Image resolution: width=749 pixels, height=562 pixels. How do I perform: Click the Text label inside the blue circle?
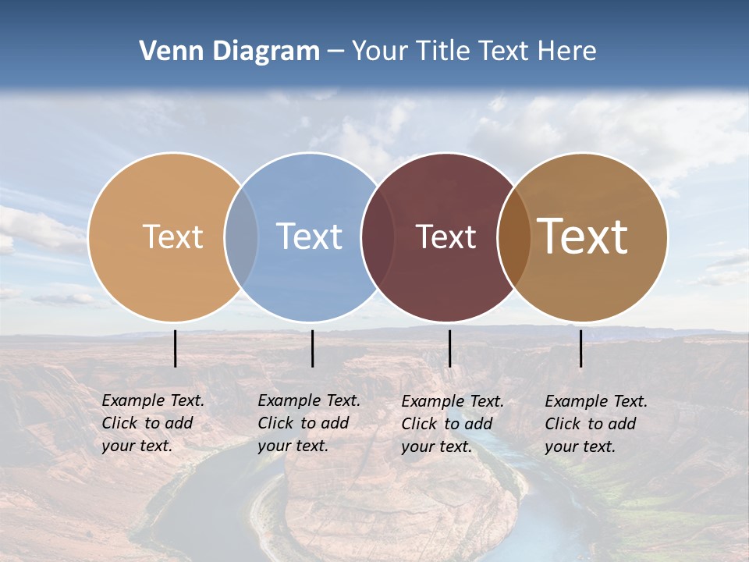[310, 237]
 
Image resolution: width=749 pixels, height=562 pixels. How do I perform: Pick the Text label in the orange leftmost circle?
[173, 237]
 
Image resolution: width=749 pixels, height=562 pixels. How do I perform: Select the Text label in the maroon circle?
[445, 237]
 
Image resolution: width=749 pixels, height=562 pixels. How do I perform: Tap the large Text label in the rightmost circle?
[583, 236]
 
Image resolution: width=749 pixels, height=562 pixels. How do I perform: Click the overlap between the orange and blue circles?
[241, 237]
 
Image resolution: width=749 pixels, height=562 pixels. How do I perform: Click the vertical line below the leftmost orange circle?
[176, 348]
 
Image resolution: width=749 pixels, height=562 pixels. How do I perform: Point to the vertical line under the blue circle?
[312, 348]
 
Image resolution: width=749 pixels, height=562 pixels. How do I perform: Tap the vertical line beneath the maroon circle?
[449, 348]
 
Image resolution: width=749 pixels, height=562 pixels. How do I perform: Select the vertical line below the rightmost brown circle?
[580, 348]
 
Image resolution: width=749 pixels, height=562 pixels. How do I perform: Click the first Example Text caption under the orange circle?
[153, 423]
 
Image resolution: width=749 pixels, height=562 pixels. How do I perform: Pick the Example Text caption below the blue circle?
[309, 423]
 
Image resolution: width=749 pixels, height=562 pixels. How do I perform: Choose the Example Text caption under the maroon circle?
[453, 424]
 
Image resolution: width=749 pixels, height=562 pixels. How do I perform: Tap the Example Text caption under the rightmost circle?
[596, 424]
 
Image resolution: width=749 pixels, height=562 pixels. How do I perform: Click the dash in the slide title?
[335, 52]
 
